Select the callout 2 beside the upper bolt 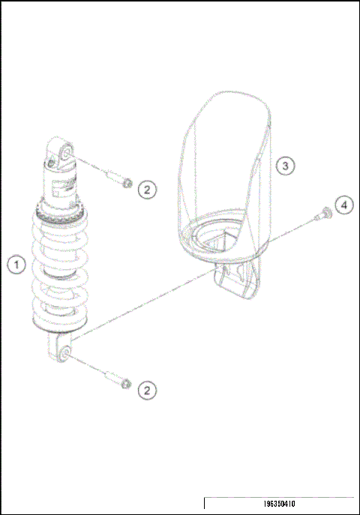pyautogui.click(x=147, y=189)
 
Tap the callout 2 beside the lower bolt pyautogui.click(x=147, y=389)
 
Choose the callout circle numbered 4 pyautogui.click(x=342, y=205)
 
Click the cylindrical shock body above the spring pyautogui.click(x=60, y=186)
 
